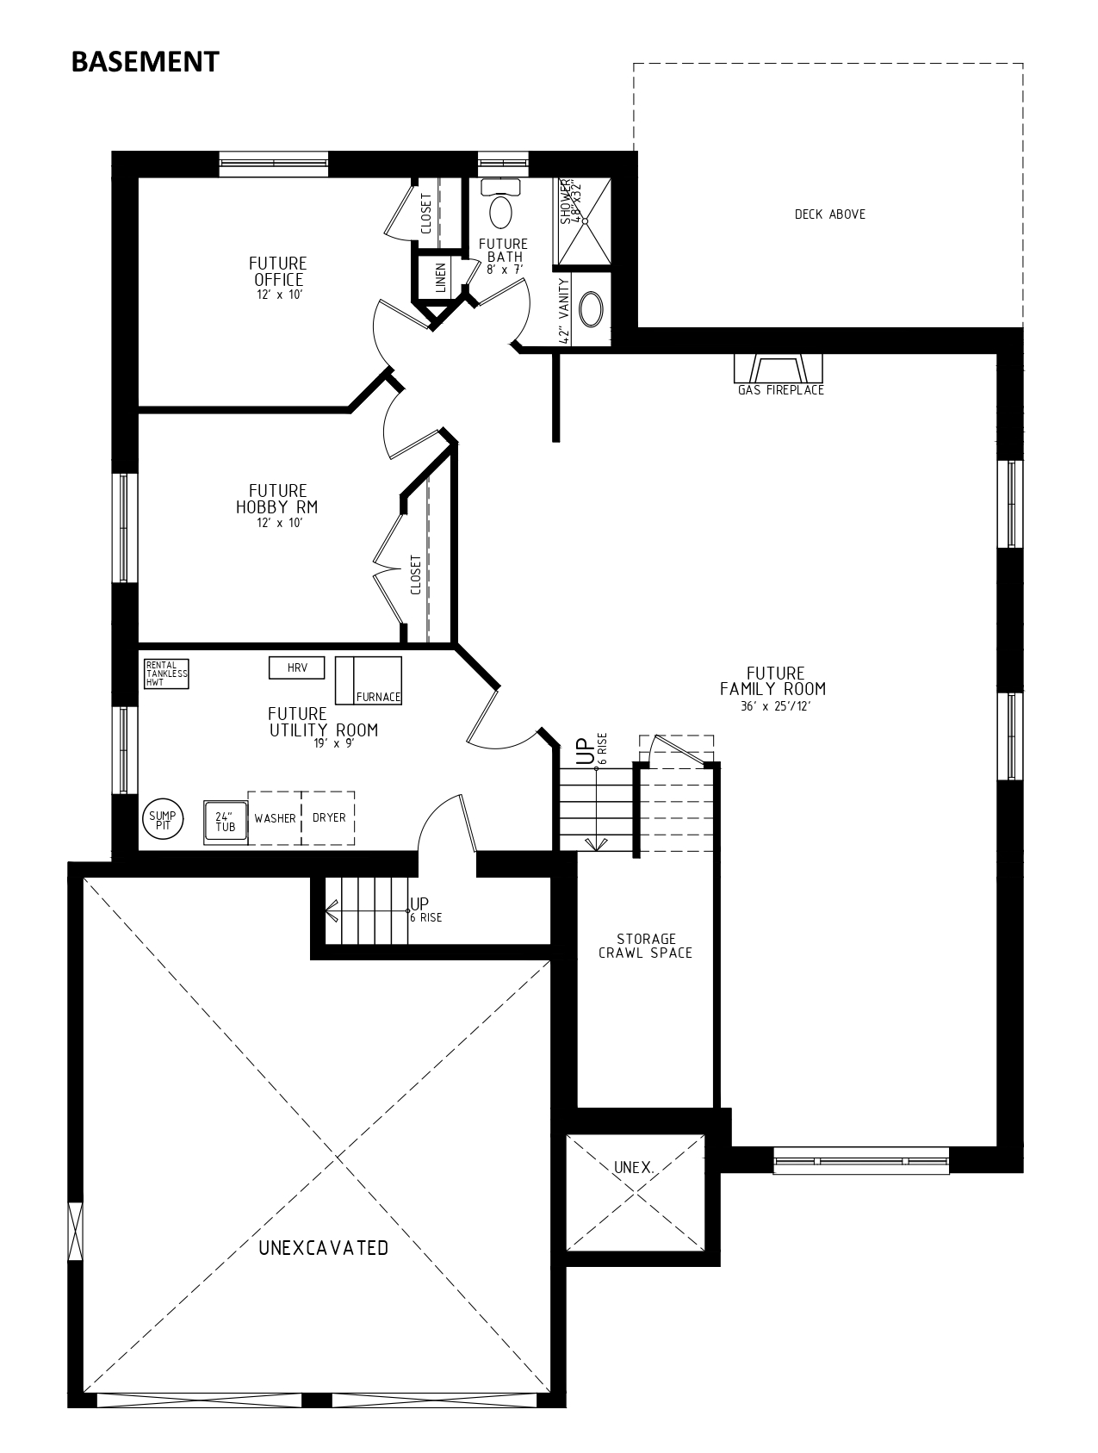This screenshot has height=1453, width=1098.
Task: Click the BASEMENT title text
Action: [x=145, y=62]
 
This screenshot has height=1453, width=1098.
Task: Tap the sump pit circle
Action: [x=162, y=819]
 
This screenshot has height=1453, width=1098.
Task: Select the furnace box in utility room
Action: [x=369, y=680]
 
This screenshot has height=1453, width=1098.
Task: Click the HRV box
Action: [x=296, y=668]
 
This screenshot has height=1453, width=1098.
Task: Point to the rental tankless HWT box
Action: [x=166, y=674]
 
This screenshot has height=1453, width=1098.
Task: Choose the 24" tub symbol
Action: [x=226, y=821]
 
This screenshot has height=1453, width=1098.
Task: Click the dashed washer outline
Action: [x=275, y=818]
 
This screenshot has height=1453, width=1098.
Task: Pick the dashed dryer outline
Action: [x=328, y=818]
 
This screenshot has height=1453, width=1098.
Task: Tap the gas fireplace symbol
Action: [x=779, y=368]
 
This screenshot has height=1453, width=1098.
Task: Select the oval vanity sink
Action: [x=591, y=310]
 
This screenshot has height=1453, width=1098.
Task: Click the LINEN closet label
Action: [x=441, y=277]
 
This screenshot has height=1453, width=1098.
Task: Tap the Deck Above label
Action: [x=829, y=214]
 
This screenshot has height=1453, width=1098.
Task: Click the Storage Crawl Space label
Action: [x=646, y=946]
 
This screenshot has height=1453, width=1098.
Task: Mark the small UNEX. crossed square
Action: [x=635, y=1192]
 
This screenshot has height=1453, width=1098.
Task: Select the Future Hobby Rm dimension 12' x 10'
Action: [x=279, y=523]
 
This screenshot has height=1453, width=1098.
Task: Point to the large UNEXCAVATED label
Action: [x=323, y=1248]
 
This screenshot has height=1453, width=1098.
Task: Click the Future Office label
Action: [x=278, y=271]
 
